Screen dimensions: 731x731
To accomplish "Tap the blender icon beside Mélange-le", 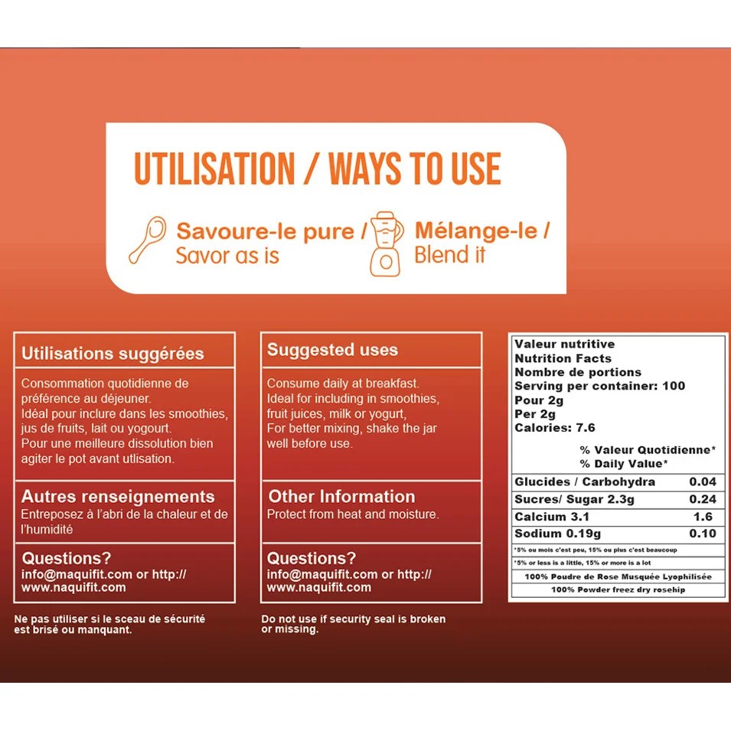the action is point(387,244).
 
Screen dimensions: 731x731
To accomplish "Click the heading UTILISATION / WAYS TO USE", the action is point(318,168).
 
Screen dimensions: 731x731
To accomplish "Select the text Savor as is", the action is point(227,256).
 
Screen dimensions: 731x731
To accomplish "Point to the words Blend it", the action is point(450,255).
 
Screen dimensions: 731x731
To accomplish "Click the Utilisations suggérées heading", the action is point(113,354).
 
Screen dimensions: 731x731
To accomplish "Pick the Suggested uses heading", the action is point(332,350).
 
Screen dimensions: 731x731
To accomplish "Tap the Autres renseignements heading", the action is point(118,497).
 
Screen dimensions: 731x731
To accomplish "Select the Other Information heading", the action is point(341,497).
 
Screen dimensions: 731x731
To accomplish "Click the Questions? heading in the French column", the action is point(67,558).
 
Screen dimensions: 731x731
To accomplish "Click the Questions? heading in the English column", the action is point(312,558).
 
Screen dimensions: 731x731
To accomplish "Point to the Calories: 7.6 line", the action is point(555,428).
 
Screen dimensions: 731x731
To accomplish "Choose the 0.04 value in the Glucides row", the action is point(703,481).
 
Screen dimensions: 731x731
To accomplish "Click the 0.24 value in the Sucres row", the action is point(703,499).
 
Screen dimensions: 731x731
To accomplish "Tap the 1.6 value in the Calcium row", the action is point(703,517).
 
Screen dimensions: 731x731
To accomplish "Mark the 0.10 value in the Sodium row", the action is point(703,534).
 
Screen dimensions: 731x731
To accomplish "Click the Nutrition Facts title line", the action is point(563,358).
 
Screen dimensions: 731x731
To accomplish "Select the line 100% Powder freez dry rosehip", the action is point(618,589).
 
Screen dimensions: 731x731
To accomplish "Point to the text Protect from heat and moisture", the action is point(353,514).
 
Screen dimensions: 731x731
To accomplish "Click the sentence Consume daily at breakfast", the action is point(343,383).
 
